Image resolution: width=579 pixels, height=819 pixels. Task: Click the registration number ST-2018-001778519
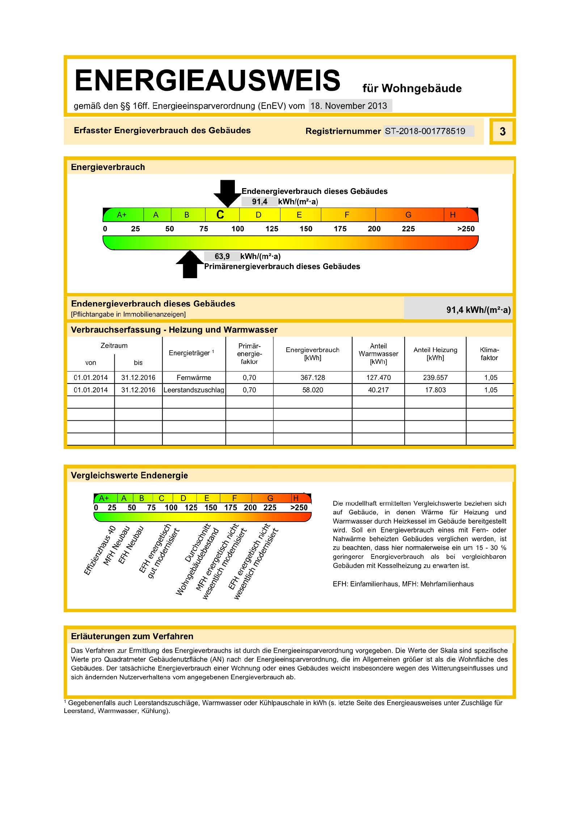[425, 131]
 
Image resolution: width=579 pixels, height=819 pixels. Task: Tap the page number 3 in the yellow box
[502, 131]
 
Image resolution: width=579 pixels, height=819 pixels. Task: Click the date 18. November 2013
[349, 106]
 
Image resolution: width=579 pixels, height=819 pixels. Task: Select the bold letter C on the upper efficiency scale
[220, 215]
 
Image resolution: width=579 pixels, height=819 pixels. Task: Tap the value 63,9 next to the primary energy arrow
[222, 256]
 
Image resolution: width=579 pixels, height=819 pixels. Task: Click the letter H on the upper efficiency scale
[452, 215]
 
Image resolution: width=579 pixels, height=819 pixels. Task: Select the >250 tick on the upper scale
[465, 229]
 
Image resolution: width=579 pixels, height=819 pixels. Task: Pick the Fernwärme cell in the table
[194, 377]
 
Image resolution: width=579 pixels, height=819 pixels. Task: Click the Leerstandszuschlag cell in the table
[194, 390]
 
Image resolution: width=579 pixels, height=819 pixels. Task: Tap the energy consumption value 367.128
[313, 377]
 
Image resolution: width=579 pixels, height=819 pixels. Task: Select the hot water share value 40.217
[378, 390]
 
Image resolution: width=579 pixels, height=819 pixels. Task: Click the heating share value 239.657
[435, 377]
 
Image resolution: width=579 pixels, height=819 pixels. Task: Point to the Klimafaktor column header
[489, 354]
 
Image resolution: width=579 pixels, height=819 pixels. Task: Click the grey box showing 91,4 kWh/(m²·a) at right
[458, 309]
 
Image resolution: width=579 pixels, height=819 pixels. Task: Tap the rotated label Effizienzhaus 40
[100, 550]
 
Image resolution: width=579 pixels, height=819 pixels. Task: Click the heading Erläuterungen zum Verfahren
[132, 636]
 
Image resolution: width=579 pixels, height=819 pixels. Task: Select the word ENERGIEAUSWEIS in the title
[207, 80]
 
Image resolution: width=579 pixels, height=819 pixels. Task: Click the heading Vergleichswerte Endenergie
[129, 475]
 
